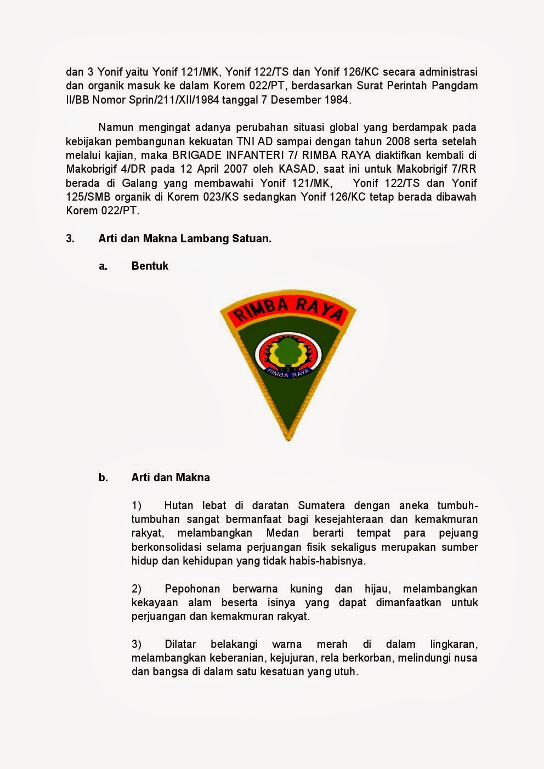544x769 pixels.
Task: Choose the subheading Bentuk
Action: pyautogui.click(x=150, y=266)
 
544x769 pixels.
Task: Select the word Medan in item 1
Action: pyautogui.click(x=282, y=533)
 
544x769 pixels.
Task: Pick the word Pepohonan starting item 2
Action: pyautogui.click(x=192, y=589)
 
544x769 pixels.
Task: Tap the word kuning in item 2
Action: pyautogui.click(x=306, y=589)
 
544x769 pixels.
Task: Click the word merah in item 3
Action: pyautogui.click(x=332, y=644)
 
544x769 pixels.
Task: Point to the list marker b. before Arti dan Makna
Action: pyautogui.click(x=103, y=477)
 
